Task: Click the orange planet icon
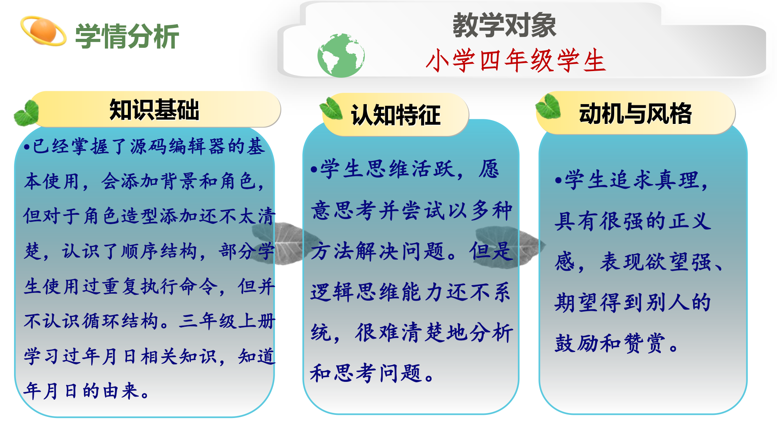click(43, 31)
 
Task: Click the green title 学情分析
click(127, 37)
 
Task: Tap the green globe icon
click(341, 55)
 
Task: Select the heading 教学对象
click(504, 25)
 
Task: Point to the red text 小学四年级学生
click(516, 61)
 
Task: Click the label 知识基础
click(154, 110)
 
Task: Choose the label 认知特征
click(395, 115)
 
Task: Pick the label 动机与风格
click(635, 114)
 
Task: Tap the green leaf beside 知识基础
click(26, 113)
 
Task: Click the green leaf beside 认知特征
click(331, 108)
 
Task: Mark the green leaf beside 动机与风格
click(548, 106)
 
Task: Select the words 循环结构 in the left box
click(120, 322)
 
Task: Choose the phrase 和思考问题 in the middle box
click(366, 373)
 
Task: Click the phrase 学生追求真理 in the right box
click(632, 180)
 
